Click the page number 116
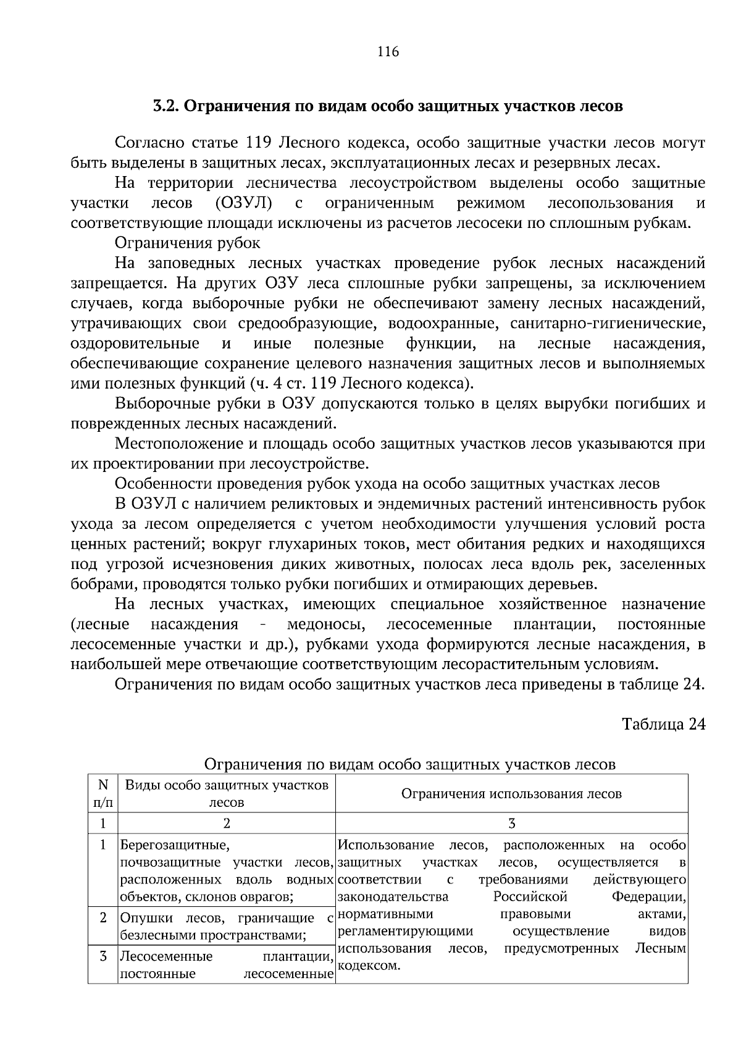click(388, 52)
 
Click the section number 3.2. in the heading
click(165, 106)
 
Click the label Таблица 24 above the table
click(663, 724)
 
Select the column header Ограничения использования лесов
click(511, 794)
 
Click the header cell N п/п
click(103, 794)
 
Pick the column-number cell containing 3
click(511, 824)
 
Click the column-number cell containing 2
click(226, 824)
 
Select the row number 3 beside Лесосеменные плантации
click(103, 956)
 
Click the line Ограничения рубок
click(188, 243)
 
